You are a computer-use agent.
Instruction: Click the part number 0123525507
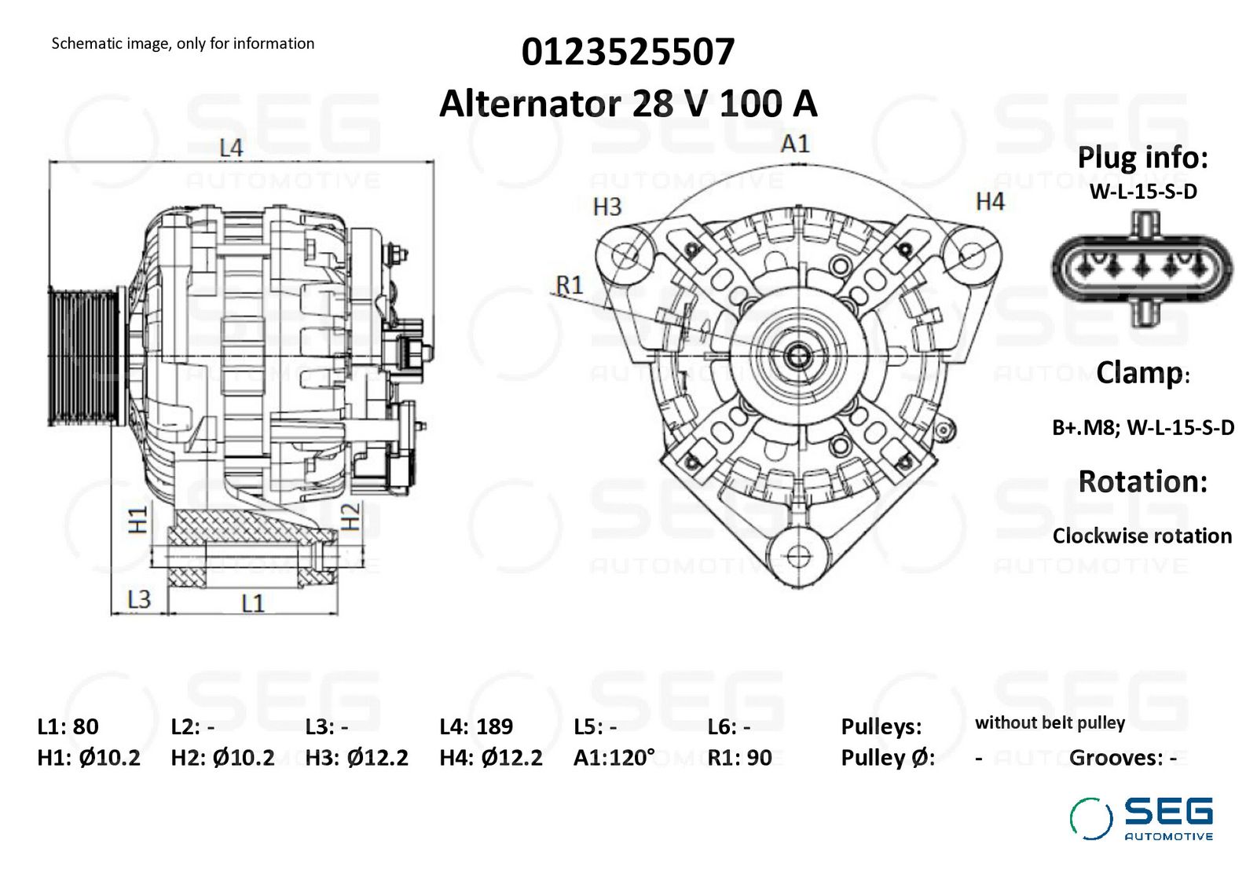628,52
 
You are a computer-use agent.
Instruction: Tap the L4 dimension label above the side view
231,148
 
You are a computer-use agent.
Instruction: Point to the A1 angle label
795,144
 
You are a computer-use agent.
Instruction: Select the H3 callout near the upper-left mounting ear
607,207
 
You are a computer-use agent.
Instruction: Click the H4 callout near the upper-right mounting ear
990,202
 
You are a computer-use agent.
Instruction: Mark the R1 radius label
570,286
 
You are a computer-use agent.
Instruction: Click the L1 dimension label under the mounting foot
252,603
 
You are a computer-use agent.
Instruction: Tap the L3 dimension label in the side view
139,599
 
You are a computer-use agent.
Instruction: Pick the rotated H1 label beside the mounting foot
138,519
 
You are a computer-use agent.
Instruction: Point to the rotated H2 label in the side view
350,517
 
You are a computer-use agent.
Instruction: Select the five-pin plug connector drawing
1142,268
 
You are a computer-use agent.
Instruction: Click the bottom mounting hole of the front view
797,556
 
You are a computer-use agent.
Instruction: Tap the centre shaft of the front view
797,357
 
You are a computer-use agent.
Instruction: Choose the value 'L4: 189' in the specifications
476,727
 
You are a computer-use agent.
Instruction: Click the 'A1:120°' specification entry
614,758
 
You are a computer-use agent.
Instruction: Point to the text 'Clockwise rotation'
1142,536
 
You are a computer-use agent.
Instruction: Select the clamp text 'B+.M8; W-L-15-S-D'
1143,428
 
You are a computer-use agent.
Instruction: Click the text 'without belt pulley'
1050,723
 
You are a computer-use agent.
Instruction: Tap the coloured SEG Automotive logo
1142,819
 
